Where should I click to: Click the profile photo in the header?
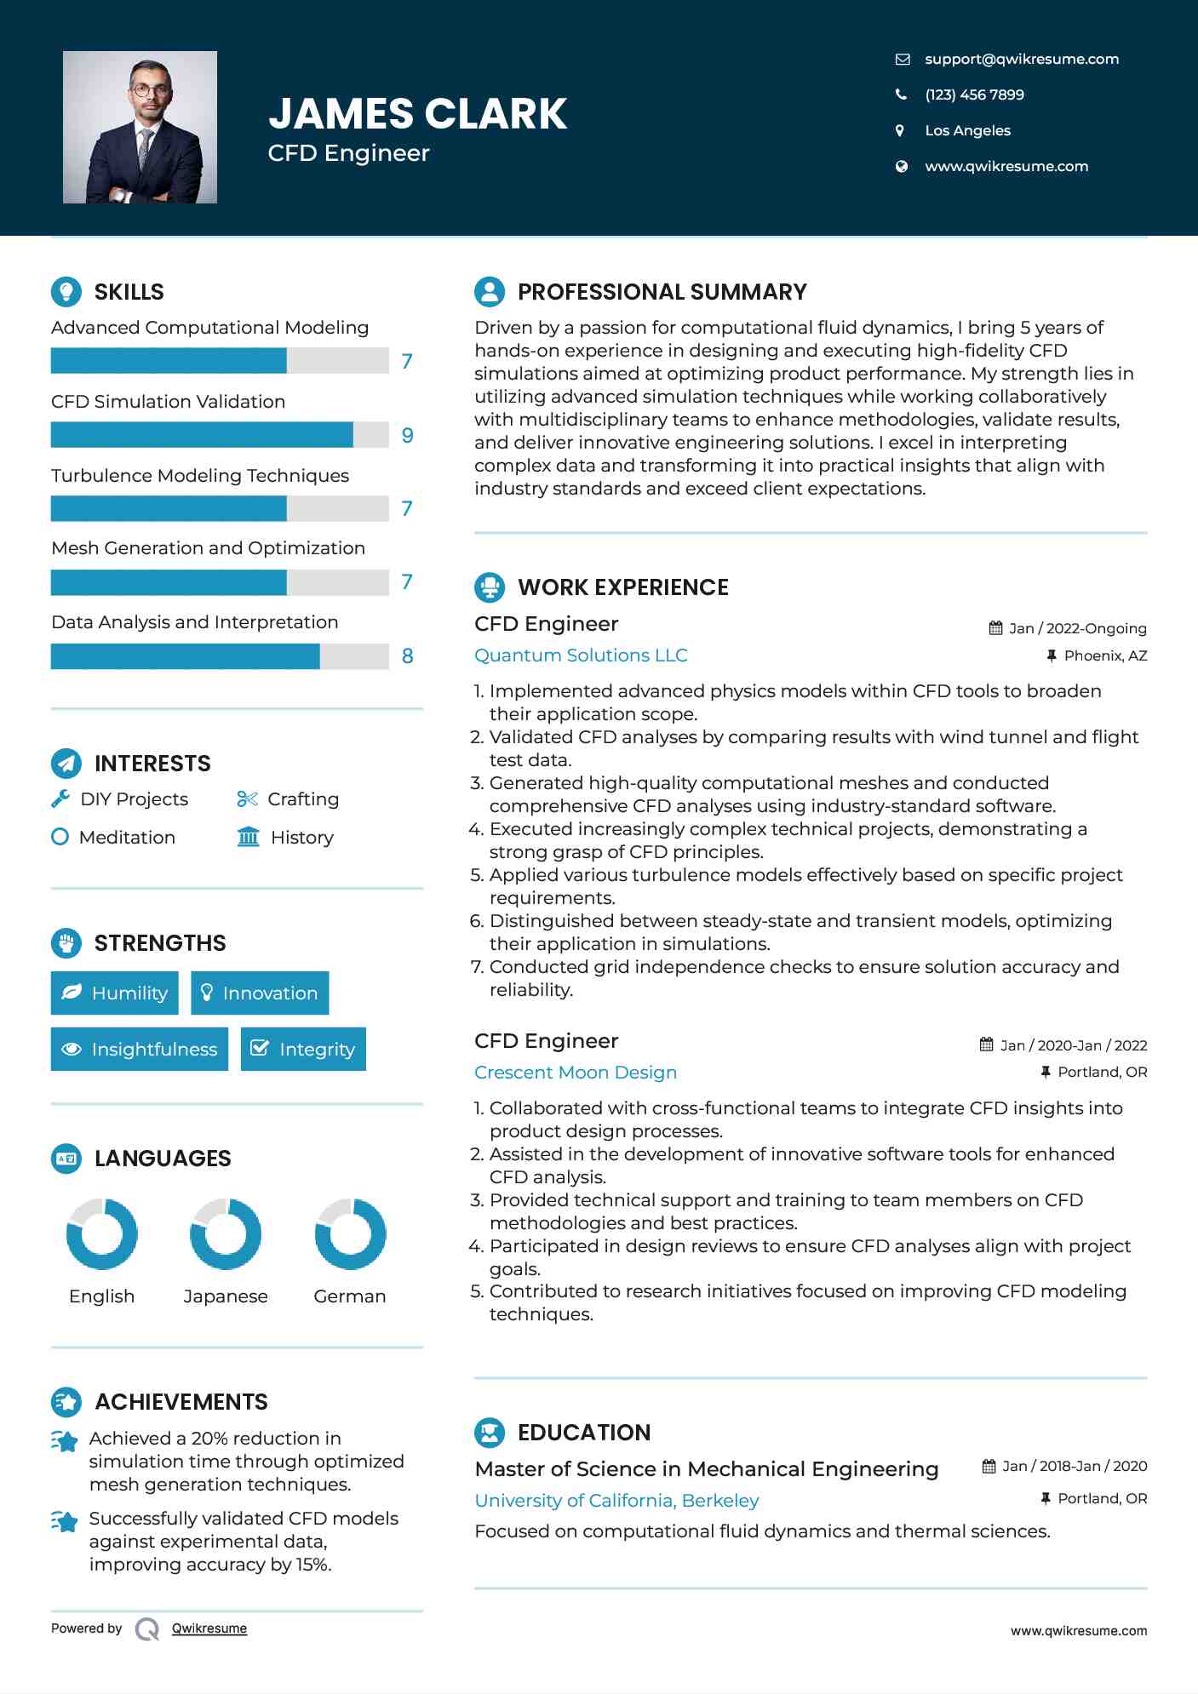click(140, 128)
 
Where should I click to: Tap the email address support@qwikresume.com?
click(1021, 59)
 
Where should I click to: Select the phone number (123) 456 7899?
click(974, 94)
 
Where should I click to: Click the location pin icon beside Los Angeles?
click(900, 130)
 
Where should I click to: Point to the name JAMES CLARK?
click(417, 113)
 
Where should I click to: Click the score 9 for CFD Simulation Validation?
click(407, 436)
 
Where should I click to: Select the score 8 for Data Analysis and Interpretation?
click(407, 656)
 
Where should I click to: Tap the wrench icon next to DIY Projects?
click(60, 798)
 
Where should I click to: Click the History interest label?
click(301, 838)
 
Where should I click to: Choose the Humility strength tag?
click(115, 993)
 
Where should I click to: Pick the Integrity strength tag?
click(303, 1050)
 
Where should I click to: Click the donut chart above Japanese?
click(226, 1233)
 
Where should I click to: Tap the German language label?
click(349, 1296)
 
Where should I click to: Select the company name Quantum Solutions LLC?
click(581, 655)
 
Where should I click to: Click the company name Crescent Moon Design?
click(576, 1073)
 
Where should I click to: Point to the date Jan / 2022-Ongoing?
click(1077, 628)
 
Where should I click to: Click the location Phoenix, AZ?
click(1105, 655)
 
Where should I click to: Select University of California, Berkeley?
click(616, 1501)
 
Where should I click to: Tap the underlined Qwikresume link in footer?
click(209, 1628)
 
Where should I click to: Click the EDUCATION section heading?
click(583, 1433)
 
